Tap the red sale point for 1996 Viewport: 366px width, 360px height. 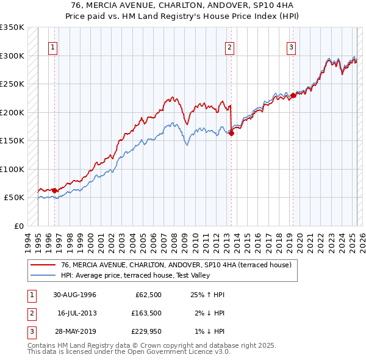(54, 190)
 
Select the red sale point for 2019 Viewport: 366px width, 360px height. (293, 95)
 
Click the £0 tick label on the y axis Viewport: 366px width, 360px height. (18, 226)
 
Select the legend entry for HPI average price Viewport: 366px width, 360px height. (135, 276)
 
